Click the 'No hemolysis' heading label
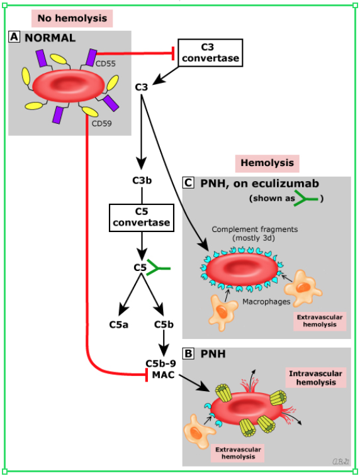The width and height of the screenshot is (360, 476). (x=72, y=18)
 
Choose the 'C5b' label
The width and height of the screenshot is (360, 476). (x=164, y=324)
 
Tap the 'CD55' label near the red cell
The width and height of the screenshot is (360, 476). (x=105, y=63)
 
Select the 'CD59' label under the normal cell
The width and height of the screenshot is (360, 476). (x=101, y=123)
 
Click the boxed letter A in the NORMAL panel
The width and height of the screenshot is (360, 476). (x=14, y=37)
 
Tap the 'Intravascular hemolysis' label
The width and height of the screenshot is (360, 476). (x=316, y=378)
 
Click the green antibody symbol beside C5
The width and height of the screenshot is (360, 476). (x=158, y=268)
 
